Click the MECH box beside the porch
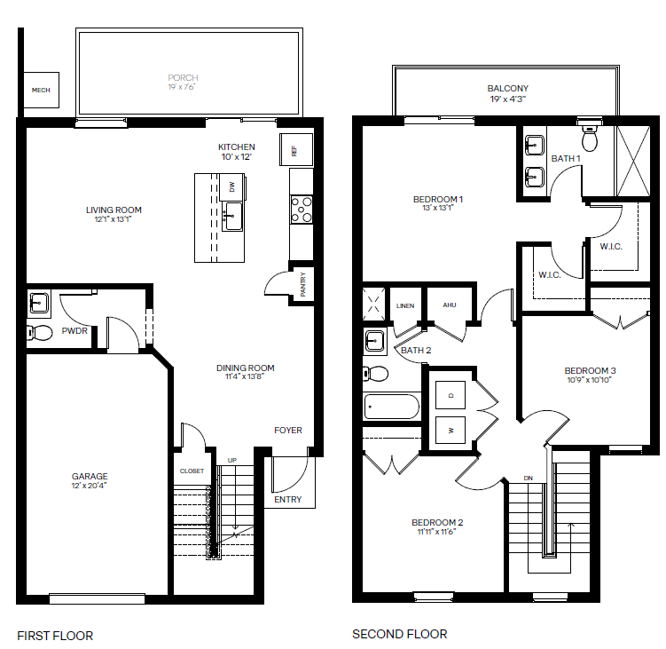coord(41,90)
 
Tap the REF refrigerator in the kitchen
coord(296,150)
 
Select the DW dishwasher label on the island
coord(232,186)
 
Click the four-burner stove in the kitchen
coord(302,210)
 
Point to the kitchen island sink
coord(232,216)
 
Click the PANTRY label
coord(302,284)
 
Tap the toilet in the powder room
coord(40,333)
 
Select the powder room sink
coord(39,304)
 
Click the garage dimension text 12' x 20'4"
coord(90,486)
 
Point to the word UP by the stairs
coord(232,460)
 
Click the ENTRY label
coord(288,499)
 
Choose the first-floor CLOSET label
coord(192,471)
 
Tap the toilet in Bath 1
coord(590,136)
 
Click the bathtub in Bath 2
coord(392,407)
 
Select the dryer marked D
coord(451,395)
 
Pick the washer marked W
coord(451,431)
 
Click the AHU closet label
coord(450,305)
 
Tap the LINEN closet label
coord(405,305)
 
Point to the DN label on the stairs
coord(528,478)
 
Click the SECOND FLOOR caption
coord(400,634)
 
